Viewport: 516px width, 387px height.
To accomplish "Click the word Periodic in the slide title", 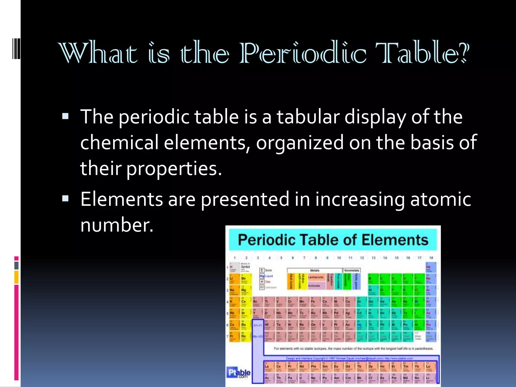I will [x=302, y=53].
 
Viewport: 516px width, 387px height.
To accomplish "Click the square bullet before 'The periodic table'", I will [x=65, y=116].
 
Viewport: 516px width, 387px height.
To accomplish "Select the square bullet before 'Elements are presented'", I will [x=65, y=199].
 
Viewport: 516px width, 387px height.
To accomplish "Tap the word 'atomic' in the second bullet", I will [x=441, y=199].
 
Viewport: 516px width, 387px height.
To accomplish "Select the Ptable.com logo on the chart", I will [x=238, y=373].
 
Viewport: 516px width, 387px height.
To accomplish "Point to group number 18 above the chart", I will [x=431, y=258].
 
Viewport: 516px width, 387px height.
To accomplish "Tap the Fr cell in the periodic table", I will [x=232, y=337].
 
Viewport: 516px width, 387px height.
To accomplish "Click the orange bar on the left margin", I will [x=16, y=277].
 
